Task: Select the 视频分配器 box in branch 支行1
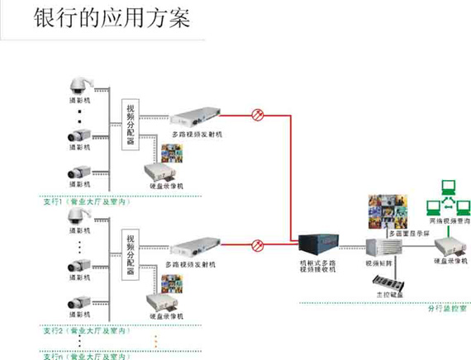(131, 126)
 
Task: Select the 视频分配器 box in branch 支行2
(131, 256)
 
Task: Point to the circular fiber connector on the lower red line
(258, 245)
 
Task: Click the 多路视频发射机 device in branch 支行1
(196, 120)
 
